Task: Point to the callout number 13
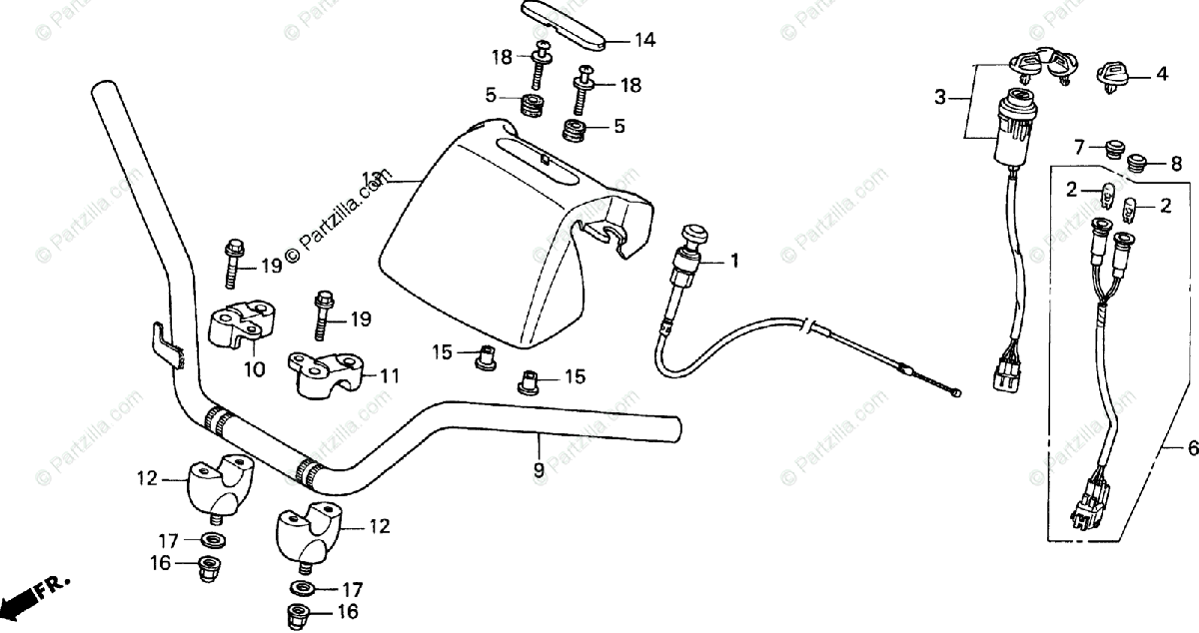(x=372, y=180)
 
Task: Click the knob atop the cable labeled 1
(x=688, y=237)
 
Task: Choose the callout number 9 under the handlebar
(x=539, y=468)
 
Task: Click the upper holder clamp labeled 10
(x=241, y=324)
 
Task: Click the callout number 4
(x=1161, y=73)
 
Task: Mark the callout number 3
(x=939, y=97)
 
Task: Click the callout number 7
(x=1078, y=148)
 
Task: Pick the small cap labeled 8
(x=1138, y=163)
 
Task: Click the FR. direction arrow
(x=30, y=597)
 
